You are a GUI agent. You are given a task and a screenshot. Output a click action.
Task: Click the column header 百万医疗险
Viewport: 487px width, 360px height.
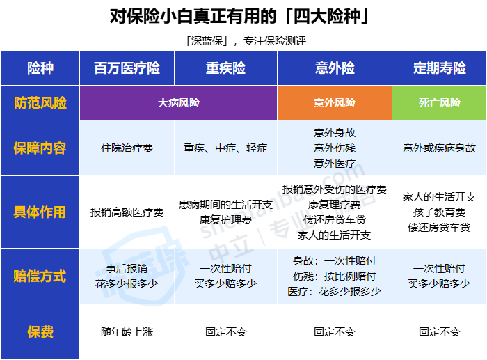pyautogui.click(x=127, y=68)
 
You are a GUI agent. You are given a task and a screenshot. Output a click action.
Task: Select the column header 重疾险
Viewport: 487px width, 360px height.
pyautogui.click(x=225, y=68)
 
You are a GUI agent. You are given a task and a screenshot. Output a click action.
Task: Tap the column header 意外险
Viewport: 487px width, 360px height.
pyautogui.click(x=335, y=68)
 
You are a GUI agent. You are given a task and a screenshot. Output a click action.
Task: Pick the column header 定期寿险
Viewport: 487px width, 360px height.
pyautogui.click(x=439, y=68)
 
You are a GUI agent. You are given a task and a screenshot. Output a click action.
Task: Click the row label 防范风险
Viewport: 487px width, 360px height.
pyautogui.click(x=40, y=103)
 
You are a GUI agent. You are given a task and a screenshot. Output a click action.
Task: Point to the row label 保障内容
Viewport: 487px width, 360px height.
pyautogui.click(x=40, y=148)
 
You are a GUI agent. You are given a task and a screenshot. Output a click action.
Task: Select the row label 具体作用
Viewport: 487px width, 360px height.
pyautogui.click(x=40, y=212)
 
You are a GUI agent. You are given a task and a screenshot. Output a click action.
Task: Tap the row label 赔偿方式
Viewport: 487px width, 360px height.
pyautogui.click(x=40, y=276)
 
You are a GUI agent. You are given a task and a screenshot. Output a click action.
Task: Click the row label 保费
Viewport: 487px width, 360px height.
pyautogui.click(x=40, y=332)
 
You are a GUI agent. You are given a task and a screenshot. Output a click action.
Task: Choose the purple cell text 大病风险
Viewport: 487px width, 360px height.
pyautogui.click(x=179, y=103)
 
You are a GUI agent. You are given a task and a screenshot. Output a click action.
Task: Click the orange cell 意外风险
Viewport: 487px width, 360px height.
pyautogui.click(x=335, y=103)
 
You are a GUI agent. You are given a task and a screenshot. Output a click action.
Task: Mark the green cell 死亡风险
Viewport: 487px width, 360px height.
pyautogui.click(x=439, y=103)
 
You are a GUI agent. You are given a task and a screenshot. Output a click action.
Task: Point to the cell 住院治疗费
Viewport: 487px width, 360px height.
pyautogui.click(x=127, y=148)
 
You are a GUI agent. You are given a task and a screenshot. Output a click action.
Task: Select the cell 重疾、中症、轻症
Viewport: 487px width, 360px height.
pyautogui.click(x=225, y=148)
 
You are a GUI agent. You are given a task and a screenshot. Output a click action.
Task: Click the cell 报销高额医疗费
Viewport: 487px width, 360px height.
pyautogui.click(x=127, y=212)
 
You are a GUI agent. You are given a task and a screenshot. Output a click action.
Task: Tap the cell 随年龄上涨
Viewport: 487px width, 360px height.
pyautogui.click(x=127, y=332)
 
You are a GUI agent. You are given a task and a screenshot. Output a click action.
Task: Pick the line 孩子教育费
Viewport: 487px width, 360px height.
pyautogui.click(x=439, y=212)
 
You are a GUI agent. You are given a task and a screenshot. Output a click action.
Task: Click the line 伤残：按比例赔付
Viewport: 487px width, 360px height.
pyautogui.click(x=335, y=276)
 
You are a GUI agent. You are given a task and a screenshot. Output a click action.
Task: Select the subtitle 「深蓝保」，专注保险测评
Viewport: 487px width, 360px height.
pyautogui.click(x=246, y=40)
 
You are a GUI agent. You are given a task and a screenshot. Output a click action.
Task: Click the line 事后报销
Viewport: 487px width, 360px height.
pyautogui.click(x=127, y=268)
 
